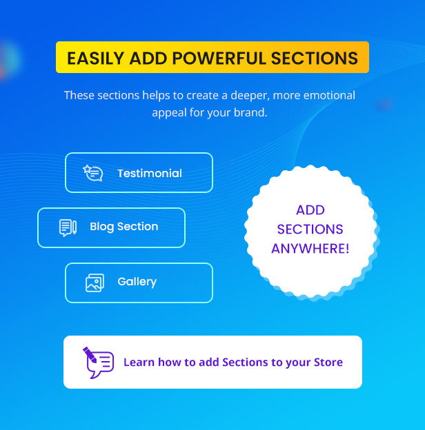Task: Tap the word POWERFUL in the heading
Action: pyautogui.click(x=219, y=58)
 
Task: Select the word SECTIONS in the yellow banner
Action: pyautogui.click(x=315, y=58)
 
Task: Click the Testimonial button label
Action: pyautogui.click(x=150, y=174)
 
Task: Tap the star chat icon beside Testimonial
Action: pyautogui.click(x=93, y=173)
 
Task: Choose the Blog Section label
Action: pyautogui.click(x=124, y=227)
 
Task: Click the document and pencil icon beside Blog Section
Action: pyautogui.click(x=68, y=227)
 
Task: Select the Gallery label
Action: pyautogui.click(x=137, y=282)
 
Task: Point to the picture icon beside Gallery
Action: pyautogui.click(x=95, y=283)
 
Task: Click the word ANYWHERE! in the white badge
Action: pyautogui.click(x=310, y=249)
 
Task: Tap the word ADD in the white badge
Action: pyautogui.click(x=310, y=210)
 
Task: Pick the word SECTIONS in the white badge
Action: pyautogui.click(x=310, y=229)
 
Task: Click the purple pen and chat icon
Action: pyautogui.click(x=98, y=362)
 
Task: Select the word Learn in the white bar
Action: pyautogui.click(x=139, y=362)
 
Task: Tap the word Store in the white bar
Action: pyautogui.click(x=328, y=362)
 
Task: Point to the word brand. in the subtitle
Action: pyautogui.click(x=250, y=112)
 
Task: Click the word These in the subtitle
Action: pyautogui.click(x=79, y=95)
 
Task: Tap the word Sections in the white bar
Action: pyautogui.click(x=245, y=362)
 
